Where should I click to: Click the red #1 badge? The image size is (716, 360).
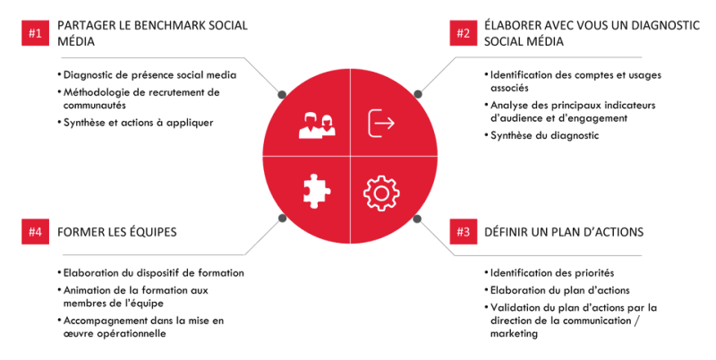[x=35, y=33]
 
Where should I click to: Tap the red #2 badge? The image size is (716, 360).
[x=463, y=33]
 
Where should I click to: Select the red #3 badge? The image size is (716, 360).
[x=463, y=232]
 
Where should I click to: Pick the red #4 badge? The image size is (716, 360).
[x=35, y=232]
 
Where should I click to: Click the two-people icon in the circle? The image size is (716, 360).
[x=317, y=124]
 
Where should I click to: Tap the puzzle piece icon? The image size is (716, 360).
[x=317, y=191]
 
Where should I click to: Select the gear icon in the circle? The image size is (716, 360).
[x=381, y=193]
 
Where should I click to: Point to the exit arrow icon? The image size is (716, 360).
[x=381, y=124]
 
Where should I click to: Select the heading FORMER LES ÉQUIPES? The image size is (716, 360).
[x=117, y=232]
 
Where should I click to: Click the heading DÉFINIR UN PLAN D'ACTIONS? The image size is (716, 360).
[x=564, y=232]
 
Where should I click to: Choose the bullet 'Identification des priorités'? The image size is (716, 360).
[x=551, y=273]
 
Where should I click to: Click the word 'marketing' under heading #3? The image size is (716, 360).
[x=514, y=333]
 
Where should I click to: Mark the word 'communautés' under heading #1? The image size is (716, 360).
[x=95, y=105]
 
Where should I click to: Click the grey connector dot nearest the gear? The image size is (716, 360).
[x=417, y=219]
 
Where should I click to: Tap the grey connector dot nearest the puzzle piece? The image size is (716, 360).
[x=282, y=219]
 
